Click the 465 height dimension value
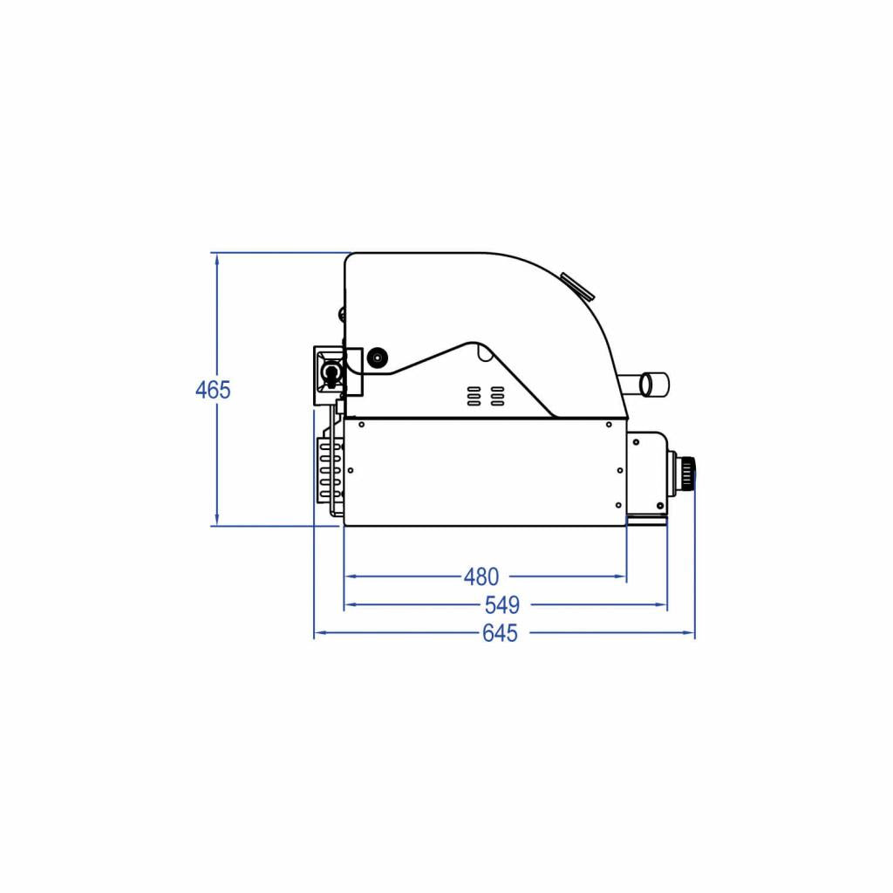point(213,390)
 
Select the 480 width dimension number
point(481,576)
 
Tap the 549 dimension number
point(501,604)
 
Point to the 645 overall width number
point(500,633)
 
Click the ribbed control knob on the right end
point(689,473)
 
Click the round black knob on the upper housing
point(377,357)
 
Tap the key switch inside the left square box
point(331,372)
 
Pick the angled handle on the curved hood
point(576,285)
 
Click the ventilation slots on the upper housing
point(486,396)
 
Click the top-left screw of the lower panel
point(360,426)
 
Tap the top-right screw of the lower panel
point(609,426)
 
